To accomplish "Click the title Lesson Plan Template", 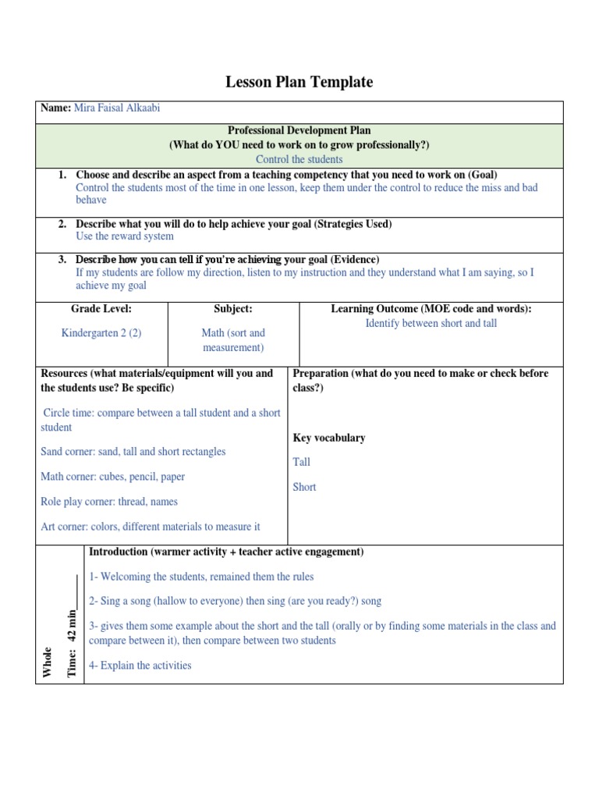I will tap(299, 82).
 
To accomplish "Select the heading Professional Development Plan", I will tap(299, 130).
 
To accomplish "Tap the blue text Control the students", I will tap(299, 159).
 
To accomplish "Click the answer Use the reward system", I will tap(125, 236).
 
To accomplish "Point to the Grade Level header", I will tap(101, 310).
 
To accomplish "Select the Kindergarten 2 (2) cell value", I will tap(101, 333).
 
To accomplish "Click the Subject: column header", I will tap(233, 310).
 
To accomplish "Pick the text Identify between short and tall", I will tap(431, 323).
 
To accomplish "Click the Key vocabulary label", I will tap(328, 438).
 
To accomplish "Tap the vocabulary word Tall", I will tap(301, 462).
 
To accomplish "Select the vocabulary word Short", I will tap(304, 487).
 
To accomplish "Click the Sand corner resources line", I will tap(133, 452).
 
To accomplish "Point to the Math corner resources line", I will tap(112, 477).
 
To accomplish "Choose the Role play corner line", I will tap(108, 502).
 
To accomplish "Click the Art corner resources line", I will tap(150, 527).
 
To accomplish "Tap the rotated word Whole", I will tap(48, 662).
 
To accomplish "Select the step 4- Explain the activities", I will tap(140, 666).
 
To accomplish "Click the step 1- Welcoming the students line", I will tap(201, 577).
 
